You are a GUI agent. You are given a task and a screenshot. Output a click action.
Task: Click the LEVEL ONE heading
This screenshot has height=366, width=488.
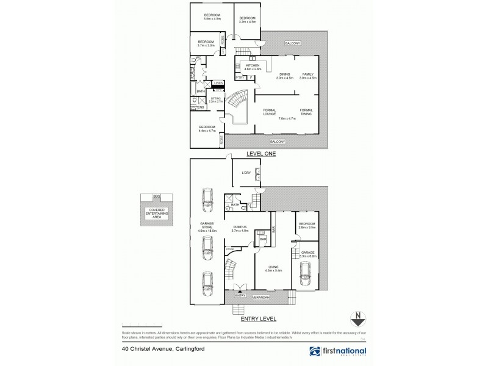click(x=261, y=154)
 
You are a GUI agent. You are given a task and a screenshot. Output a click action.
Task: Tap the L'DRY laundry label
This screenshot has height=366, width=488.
click(x=246, y=173)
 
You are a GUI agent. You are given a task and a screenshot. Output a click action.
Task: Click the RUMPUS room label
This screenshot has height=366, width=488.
click(x=239, y=227)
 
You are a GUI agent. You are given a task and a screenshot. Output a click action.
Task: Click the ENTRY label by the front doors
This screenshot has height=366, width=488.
click(x=239, y=295)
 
